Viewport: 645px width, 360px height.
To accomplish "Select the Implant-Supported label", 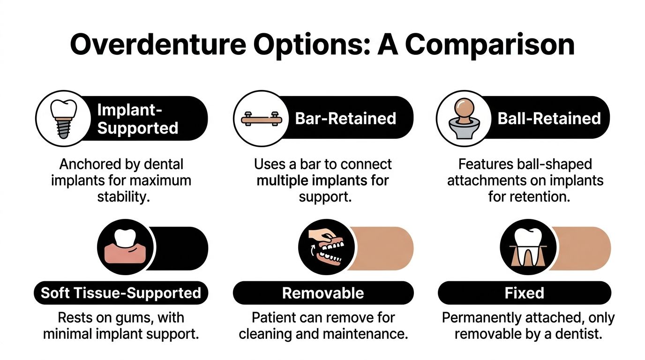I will [137, 119].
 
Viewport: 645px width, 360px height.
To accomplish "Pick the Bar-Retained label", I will [345, 119].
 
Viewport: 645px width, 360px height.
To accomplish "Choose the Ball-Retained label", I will [549, 118].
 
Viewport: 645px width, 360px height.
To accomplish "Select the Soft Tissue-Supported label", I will [121, 293].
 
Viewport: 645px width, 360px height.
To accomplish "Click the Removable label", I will [323, 293].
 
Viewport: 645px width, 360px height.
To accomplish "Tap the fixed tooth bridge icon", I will [528, 248].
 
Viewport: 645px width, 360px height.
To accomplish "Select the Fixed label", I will [524, 293].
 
